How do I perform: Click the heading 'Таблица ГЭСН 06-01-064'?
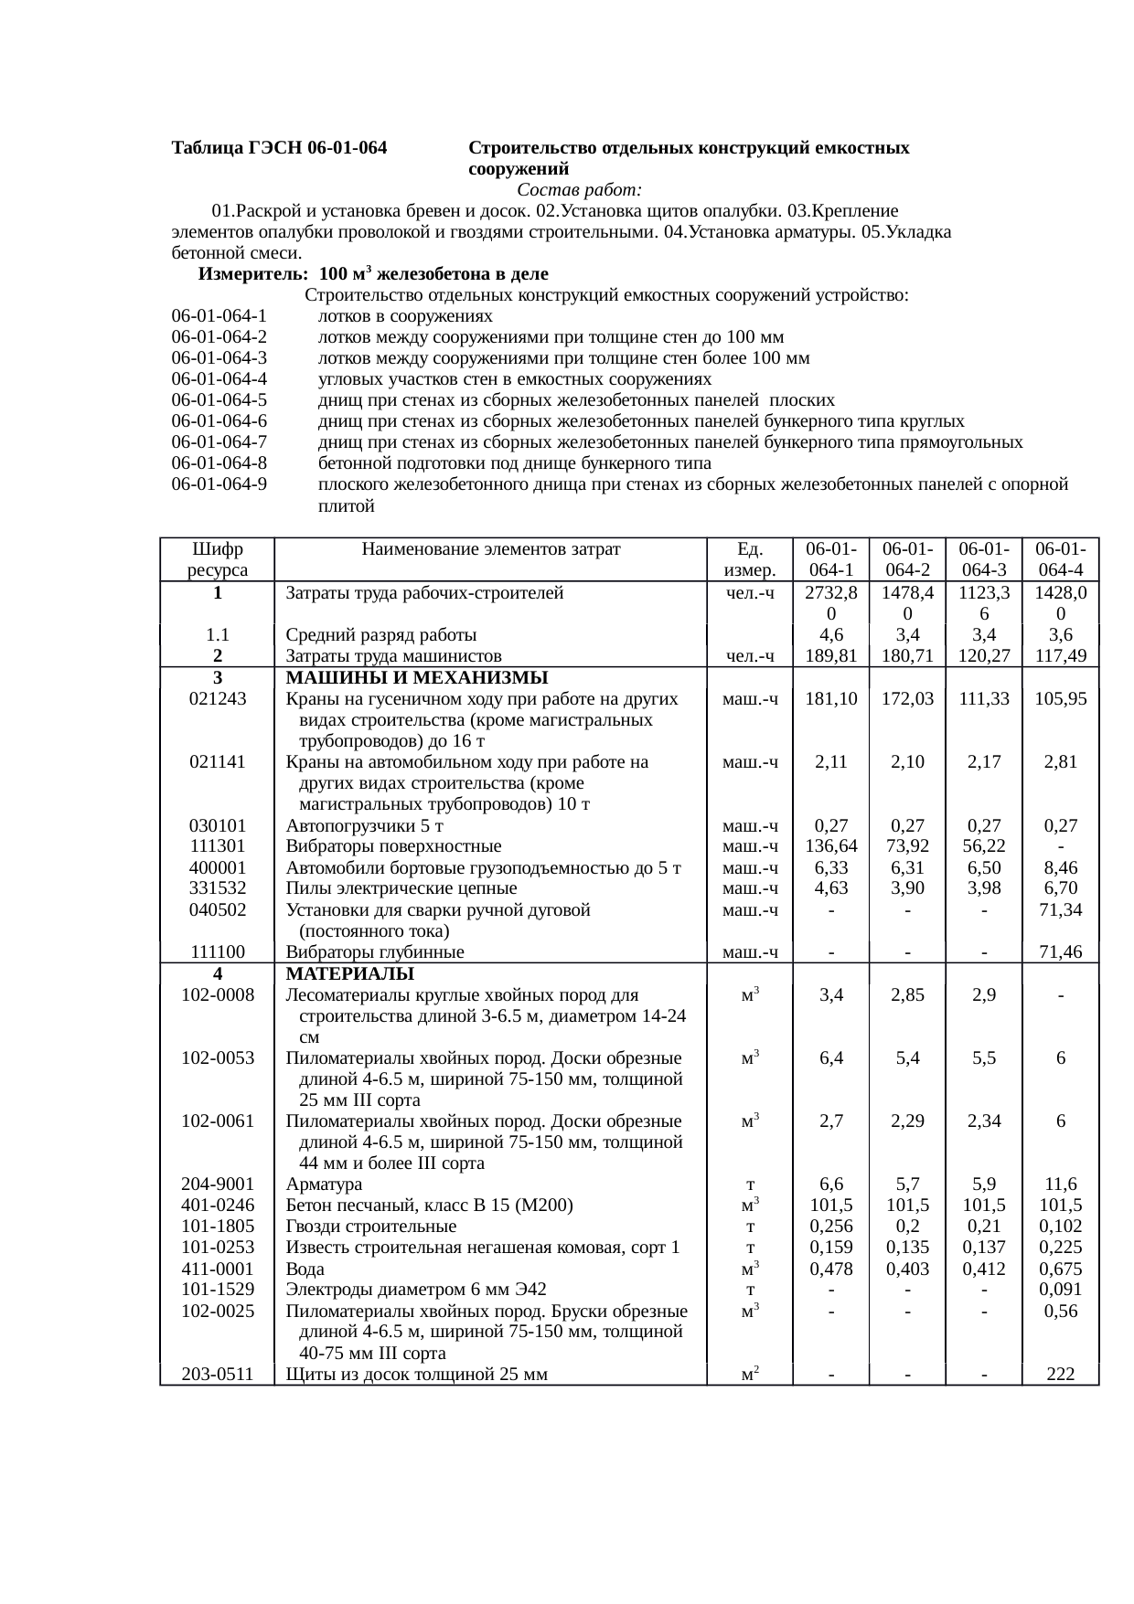coord(279,147)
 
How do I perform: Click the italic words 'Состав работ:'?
coord(579,190)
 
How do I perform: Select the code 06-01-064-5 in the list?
coord(219,400)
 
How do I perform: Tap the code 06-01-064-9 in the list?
coord(219,484)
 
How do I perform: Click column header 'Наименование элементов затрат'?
coord(491,549)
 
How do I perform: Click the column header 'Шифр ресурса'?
coord(218,559)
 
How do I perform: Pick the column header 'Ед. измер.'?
coord(749,559)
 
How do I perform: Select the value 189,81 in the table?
coord(830,655)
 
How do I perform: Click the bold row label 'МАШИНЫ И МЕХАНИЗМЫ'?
coord(416,677)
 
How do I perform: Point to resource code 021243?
coord(218,699)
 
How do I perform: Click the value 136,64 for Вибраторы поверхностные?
coord(830,846)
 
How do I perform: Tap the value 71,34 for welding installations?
coord(1060,909)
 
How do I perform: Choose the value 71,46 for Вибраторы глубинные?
coord(1060,952)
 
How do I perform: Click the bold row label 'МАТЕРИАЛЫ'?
coord(349,973)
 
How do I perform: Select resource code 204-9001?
coord(218,1184)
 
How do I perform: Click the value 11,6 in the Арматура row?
coord(1060,1184)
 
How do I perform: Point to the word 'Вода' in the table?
coord(305,1269)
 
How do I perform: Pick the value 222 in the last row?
coord(1060,1374)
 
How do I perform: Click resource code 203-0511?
coord(218,1374)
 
